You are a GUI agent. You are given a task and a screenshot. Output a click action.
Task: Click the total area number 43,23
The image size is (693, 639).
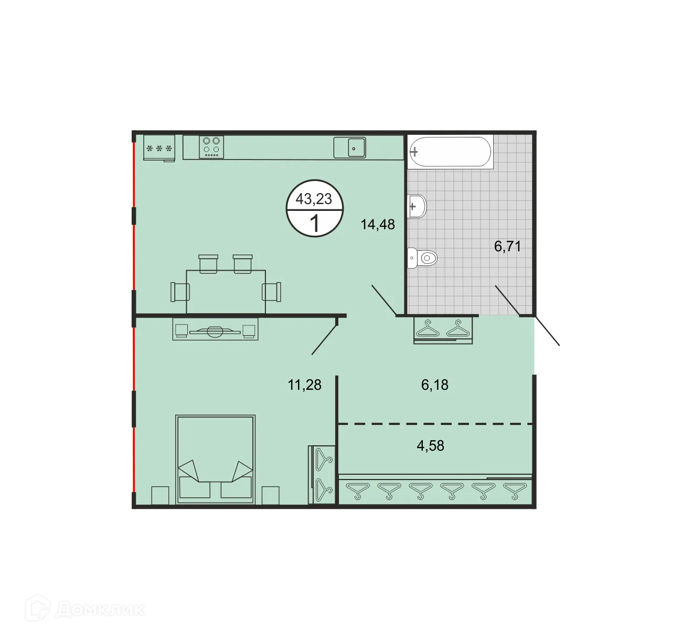coord(314,199)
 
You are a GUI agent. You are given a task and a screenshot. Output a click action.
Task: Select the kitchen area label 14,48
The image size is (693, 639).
coord(378,225)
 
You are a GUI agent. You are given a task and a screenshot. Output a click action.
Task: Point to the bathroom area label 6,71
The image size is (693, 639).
coord(508,246)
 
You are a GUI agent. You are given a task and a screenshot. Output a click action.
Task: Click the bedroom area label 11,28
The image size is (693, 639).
coord(304,385)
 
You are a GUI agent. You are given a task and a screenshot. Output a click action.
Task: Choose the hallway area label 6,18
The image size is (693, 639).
coord(435,385)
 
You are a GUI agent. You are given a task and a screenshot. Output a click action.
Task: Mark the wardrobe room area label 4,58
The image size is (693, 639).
coord(430,445)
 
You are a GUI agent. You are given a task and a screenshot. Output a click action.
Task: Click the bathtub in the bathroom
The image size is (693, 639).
coord(450,152)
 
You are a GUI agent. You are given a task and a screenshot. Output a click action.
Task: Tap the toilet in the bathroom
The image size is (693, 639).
coord(422,258)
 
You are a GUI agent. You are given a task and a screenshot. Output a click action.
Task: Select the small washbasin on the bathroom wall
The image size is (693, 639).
coord(417,206)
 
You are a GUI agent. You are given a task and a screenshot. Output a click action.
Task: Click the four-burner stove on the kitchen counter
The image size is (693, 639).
coord(211,147)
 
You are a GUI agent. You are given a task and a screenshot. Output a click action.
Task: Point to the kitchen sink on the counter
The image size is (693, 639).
coord(350,147)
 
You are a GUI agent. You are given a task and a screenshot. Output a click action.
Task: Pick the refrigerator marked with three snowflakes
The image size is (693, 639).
coord(159,148)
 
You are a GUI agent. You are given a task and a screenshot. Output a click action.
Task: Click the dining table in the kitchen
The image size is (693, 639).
coord(226,292)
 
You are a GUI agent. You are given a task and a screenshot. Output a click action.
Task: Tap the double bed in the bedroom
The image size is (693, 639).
coord(215,459)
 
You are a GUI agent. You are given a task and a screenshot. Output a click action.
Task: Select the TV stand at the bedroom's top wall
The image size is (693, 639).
coord(215,330)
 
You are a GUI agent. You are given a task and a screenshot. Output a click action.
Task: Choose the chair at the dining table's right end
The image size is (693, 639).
coord(272,292)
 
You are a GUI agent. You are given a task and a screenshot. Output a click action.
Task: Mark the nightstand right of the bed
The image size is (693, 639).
coord(271,495)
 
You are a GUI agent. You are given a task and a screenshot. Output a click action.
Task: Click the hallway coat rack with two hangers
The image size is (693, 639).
coord(443,329)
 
